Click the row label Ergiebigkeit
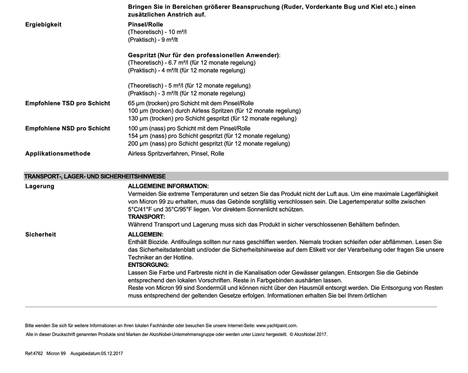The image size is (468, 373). click(x=43, y=25)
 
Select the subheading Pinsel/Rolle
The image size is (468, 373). click(x=145, y=25)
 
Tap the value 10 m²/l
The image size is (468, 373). click(x=178, y=32)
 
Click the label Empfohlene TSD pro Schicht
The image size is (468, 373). click(x=67, y=103)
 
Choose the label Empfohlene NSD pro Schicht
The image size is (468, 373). click(x=67, y=128)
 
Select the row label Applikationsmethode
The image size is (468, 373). click(x=58, y=154)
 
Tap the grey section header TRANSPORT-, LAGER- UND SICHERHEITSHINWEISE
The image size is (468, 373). click(x=95, y=176)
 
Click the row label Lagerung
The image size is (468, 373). click(x=40, y=186)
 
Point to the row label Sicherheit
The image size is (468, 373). click(x=41, y=234)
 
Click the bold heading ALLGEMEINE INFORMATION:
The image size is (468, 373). click(x=168, y=186)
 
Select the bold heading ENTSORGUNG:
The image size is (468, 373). click(x=148, y=265)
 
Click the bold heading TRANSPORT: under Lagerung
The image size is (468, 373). click(x=146, y=217)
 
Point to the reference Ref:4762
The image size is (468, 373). click(x=34, y=354)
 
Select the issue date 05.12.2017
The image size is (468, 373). click(x=112, y=354)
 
